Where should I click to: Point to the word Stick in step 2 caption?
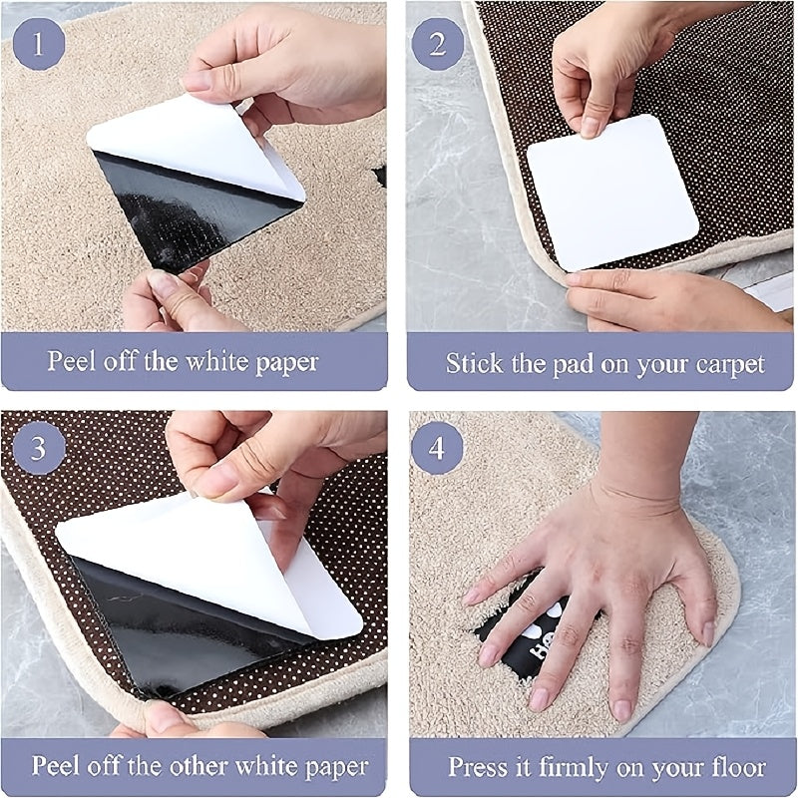click(x=473, y=363)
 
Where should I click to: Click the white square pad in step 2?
click(x=610, y=190)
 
